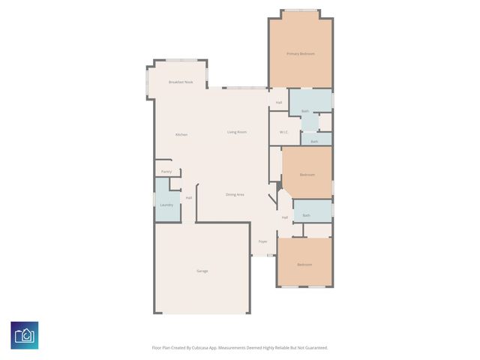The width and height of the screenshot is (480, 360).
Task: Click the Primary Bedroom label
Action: point(300,54)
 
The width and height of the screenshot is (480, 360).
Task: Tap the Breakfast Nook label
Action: point(181,82)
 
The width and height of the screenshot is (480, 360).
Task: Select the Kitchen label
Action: point(181,134)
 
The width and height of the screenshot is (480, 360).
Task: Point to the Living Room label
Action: point(237,132)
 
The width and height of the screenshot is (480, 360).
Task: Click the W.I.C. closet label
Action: point(284,132)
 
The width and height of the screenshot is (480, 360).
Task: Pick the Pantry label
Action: point(166,172)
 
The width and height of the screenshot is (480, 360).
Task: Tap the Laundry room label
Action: point(166,205)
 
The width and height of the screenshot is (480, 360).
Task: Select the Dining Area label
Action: point(235,194)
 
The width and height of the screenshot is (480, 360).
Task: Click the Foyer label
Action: point(263,241)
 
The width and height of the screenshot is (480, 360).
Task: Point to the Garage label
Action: point(202,271)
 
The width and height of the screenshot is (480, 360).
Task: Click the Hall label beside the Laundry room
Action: point(189,198)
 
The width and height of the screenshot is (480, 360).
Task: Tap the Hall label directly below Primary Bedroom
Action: point(279,103)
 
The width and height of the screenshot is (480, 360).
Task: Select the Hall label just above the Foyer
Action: point(285,217)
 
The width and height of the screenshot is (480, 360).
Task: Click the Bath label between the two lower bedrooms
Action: point(307,215)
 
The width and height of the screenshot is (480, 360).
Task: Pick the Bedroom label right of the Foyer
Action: point(304,265)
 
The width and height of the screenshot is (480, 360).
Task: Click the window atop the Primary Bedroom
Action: point(301,10)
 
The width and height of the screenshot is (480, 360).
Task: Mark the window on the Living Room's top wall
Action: point(241,88)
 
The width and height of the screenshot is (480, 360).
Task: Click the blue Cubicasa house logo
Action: point(24,335)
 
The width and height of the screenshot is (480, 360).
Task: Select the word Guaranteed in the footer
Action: point(313,348)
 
